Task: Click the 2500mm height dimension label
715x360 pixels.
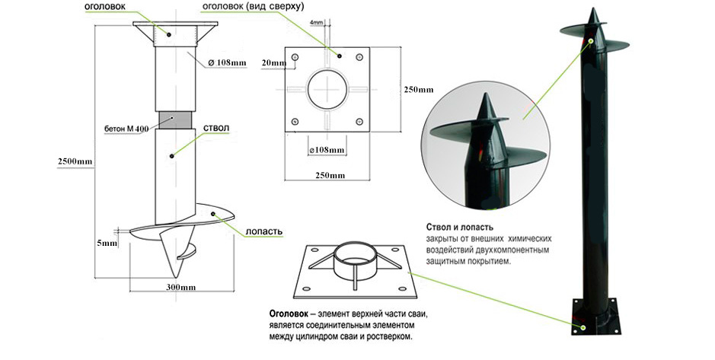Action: pos(75,161)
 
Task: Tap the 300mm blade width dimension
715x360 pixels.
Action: pos(180,288)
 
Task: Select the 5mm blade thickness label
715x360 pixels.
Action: pos(107,243)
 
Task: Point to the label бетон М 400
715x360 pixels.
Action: pos(126,129)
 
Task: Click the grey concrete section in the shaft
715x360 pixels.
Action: pos(176,119)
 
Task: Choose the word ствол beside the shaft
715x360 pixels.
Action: pos(213,128)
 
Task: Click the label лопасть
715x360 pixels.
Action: pos(264,231)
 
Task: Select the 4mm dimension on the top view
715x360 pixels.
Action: pos(316,22)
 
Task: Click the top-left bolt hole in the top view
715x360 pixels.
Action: pos(295,57)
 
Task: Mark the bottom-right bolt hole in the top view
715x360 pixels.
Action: pos(359,122)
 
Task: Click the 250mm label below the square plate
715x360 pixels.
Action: pos(330,176)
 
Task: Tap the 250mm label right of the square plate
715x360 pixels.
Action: pos(419,90)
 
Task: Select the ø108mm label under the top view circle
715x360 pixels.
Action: pos(327,150)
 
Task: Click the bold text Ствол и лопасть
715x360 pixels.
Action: pos(460,227)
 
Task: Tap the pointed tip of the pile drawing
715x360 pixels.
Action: pos(176,277)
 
